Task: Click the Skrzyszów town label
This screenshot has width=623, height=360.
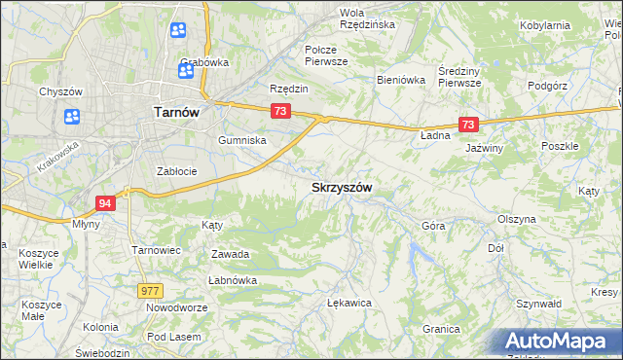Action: [342, 187]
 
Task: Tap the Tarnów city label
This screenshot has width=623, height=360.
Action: [177, 112]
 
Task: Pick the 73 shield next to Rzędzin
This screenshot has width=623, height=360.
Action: [280, 112]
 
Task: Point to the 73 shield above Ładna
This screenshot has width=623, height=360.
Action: [469, 125]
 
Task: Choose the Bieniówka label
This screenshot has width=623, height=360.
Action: [401, 81]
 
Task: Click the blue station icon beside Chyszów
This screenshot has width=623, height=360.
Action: [72, 117]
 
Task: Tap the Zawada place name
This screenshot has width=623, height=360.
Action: [231, 254]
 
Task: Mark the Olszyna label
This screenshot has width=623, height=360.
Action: [517, 219]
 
